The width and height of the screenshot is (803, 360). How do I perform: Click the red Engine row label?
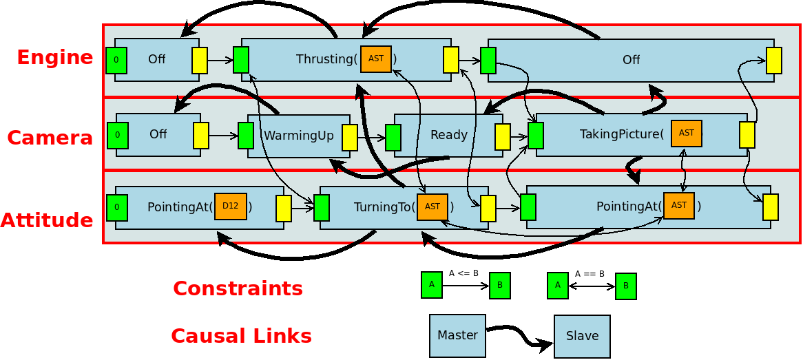(x=55, y=57)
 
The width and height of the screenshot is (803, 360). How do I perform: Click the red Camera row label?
(x=50, y=138)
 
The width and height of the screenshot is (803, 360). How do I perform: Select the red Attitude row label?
(x=47, y=220)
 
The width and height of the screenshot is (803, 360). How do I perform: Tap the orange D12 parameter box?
(x=231, y=207)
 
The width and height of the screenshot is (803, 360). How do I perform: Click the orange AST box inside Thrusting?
(x=376, y=59)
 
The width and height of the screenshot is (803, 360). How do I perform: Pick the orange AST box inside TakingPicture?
(x=686, y=134)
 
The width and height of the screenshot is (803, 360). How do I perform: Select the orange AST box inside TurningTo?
(x=432, y=207)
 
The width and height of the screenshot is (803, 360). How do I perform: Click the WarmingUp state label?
(x=298, y=136)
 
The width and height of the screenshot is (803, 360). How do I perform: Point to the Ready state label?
(x=448, y=135)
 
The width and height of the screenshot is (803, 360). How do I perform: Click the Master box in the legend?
(x=457, y=336)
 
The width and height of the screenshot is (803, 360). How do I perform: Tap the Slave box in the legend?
(x=582, y=336)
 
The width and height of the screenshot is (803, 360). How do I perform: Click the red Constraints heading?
(x=238, y=288)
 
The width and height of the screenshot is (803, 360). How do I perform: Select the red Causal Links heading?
(x=241, y=336)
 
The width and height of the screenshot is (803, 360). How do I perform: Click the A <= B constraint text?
(x=463, y=273)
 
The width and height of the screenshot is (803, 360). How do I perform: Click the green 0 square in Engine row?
(x=116, y=61)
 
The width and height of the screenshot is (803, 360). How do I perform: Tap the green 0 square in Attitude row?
(x=117, y=207)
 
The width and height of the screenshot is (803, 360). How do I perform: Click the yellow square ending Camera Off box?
(x=201, y=136)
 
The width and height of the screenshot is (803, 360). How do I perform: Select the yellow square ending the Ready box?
(x=503, y=136)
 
